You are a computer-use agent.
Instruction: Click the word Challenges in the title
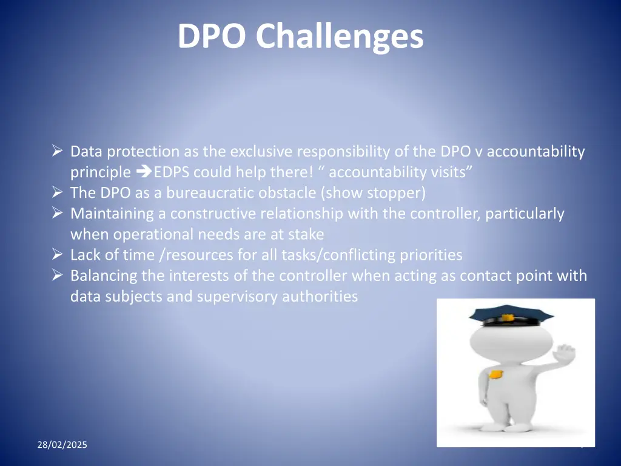tap(339, 36)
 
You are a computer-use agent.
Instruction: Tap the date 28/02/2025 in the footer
tap(62, 445)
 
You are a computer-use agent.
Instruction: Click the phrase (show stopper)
tap(374, 193)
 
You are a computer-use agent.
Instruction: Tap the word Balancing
tap(104, 276)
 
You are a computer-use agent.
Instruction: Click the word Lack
tap(84, 255)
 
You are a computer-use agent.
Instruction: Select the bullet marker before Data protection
tap(58, 151)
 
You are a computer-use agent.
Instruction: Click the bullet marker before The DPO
tap(58, 193)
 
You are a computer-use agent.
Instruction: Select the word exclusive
tap(261, 152)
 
